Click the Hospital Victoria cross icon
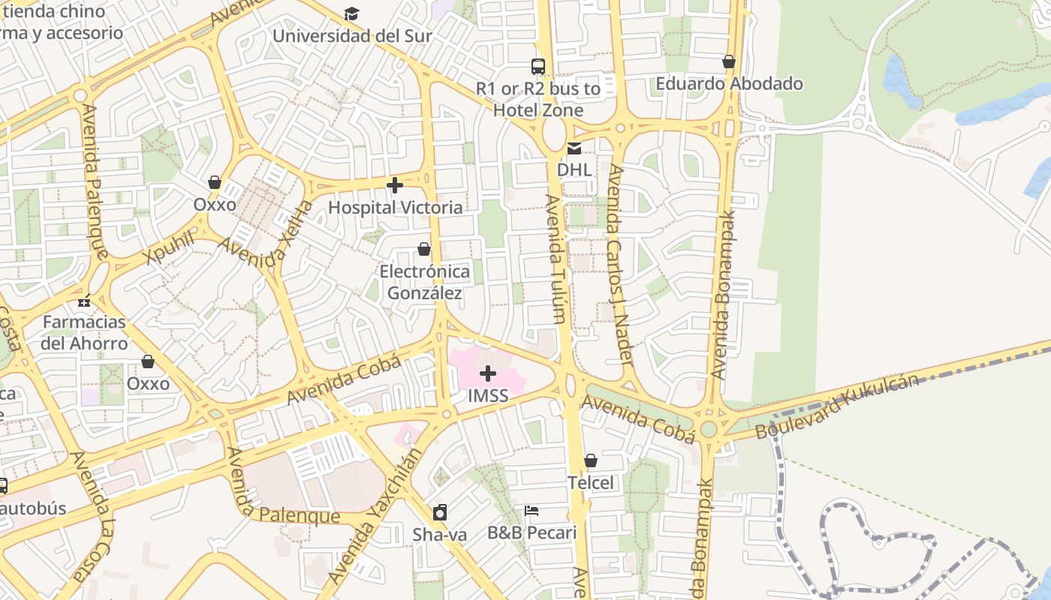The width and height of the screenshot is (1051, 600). point(395,185)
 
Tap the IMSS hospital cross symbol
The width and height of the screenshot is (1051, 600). point(488,373)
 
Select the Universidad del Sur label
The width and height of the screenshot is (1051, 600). point(351,35)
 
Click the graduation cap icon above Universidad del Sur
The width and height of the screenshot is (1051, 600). point(351,13)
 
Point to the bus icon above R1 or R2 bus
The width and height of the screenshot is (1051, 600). point(538,66)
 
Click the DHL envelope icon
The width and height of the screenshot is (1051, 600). point(574,148)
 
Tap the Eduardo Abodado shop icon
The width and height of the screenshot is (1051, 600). point(729,61)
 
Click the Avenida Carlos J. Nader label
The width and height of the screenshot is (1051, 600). point(620,264)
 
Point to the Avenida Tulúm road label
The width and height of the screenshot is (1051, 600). point(556,259)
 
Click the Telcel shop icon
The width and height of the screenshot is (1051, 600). point(591,460)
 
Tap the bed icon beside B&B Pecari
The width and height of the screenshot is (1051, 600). point(532,511)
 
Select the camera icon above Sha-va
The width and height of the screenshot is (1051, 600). point(440,513)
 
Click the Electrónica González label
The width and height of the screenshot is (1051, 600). point(424,282)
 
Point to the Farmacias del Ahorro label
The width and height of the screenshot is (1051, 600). point(84,333)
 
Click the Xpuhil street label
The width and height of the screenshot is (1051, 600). point(169,247)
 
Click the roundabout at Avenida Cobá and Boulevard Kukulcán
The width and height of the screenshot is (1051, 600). point(709,429)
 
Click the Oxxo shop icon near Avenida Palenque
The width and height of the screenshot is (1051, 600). point(215,182)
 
